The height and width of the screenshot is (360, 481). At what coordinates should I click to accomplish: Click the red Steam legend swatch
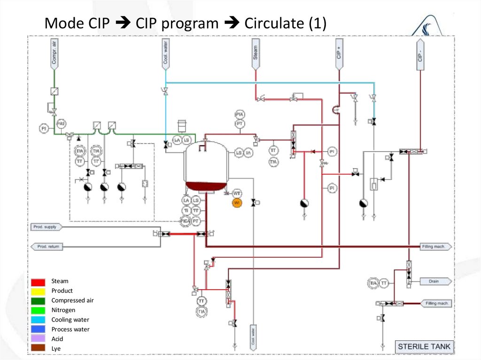(x=39, y=282)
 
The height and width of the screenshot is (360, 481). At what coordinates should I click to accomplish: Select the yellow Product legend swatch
(x=39, y=291)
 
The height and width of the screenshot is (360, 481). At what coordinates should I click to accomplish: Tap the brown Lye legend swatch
(x=39, y=348)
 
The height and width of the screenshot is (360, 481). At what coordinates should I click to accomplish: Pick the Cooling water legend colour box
(x=39, y=320)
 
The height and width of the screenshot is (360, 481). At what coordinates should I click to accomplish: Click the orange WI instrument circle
(x=237, y=202)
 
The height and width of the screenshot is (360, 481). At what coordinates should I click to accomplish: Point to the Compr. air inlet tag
(x=54, y=52)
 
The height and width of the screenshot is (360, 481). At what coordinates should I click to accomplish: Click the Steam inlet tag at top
(x=255, y=52)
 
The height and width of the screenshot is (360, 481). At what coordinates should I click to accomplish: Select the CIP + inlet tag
(x=339, y=52)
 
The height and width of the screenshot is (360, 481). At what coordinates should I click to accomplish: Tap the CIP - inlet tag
(x=420, y=53)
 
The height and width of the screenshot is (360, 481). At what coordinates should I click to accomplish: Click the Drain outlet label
(x=434, y=282)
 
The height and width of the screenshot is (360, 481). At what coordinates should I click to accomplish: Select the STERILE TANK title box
(x=424, y=347)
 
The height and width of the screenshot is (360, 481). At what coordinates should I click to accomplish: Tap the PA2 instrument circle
(x=61, y=123)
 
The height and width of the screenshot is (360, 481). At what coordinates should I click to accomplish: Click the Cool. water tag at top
(x=165, y=53)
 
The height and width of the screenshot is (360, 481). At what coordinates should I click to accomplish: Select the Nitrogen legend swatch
(x=39, y=310)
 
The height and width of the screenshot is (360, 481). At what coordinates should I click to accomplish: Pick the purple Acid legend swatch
(x=39, y=339)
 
